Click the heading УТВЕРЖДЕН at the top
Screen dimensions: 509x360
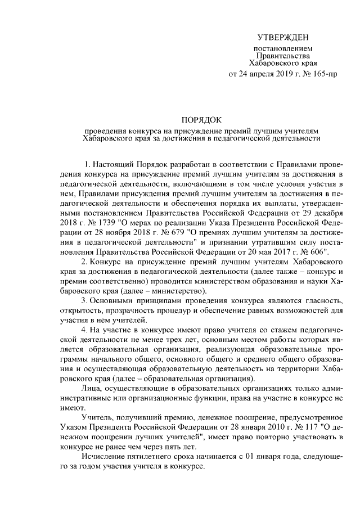tap(283, 37)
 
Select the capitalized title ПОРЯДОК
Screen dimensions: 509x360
tap(201, 120)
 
